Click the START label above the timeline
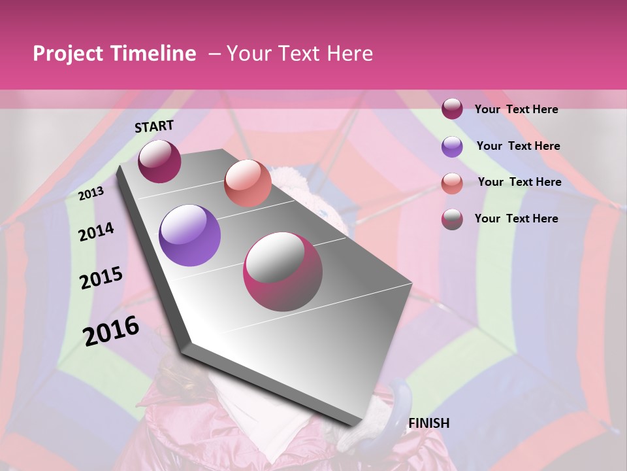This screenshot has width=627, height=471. (154, 126)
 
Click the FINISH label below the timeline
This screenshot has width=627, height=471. (428, 423)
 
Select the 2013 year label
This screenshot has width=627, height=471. (91, 193)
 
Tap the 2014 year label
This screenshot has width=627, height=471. (96, 232)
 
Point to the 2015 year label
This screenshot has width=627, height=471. (101, 278)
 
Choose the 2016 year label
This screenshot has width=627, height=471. (111, 330)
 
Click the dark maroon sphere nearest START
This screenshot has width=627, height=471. (159, 161)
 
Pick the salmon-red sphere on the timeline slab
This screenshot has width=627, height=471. (248, 183)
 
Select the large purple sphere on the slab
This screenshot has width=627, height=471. (189, 235)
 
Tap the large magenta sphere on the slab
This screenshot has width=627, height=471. (283, 271)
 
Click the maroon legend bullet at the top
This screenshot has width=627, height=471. (452, 109)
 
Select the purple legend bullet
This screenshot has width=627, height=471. (452, 147)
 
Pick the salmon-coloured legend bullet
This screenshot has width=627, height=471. (452, 183)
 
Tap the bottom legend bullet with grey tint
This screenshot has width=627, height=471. (452, 218)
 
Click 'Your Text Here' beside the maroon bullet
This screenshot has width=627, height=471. (516, 109)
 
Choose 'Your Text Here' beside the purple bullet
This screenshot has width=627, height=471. (518, 146)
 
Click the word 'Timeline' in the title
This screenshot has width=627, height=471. (153, 54)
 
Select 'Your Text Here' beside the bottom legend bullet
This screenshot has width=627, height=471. (516, 218)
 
